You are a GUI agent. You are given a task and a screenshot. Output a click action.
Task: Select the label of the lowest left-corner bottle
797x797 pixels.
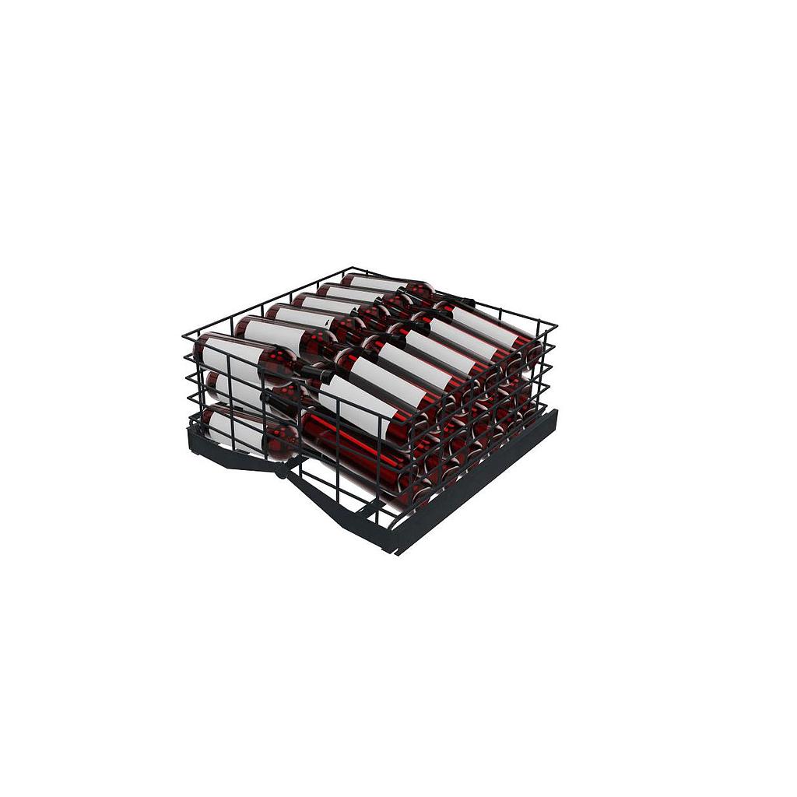[230, 429]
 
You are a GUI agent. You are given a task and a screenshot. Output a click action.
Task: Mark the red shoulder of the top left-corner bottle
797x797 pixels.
[277, 363]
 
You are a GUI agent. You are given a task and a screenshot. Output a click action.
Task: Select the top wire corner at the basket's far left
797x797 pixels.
[184, 335]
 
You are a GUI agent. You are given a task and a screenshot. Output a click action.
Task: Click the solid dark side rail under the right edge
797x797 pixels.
[483, 476]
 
